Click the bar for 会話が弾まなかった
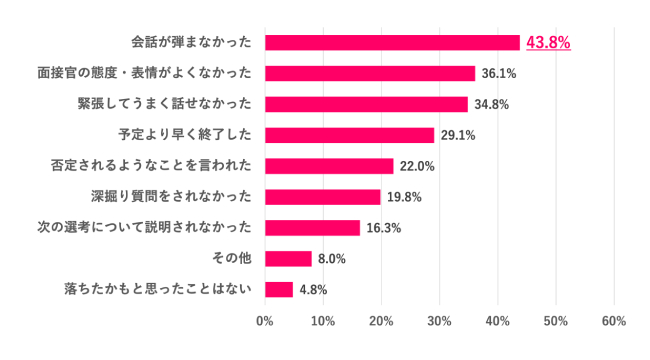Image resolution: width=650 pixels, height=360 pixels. [392, 42]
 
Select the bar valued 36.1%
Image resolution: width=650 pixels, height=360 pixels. [370, 73]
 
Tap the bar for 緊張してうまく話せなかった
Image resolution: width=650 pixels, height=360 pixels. [366, 104]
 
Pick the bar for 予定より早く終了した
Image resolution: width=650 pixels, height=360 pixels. [349, 135]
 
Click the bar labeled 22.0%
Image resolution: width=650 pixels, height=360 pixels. [329, 166]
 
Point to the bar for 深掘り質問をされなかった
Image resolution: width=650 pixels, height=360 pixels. [322, 197]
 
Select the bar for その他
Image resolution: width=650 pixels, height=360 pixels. [288, 259]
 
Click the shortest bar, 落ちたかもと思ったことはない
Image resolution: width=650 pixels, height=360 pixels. [279, 290]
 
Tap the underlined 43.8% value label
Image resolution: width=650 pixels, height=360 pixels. [548, 42]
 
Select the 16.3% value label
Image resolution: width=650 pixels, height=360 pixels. [383, 228]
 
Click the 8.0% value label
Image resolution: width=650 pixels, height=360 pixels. [331, 259]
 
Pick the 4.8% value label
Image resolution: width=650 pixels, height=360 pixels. [313, 290]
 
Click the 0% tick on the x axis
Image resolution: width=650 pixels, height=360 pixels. [265, 321]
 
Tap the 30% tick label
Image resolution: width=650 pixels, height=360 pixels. [439, 321]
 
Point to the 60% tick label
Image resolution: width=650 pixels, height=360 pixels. [614, 321]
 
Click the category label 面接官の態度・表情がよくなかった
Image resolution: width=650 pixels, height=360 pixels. [143, 73]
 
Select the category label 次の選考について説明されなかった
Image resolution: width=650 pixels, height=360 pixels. [143, 228]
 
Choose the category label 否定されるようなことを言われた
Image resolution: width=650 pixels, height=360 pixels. [151, 166]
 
